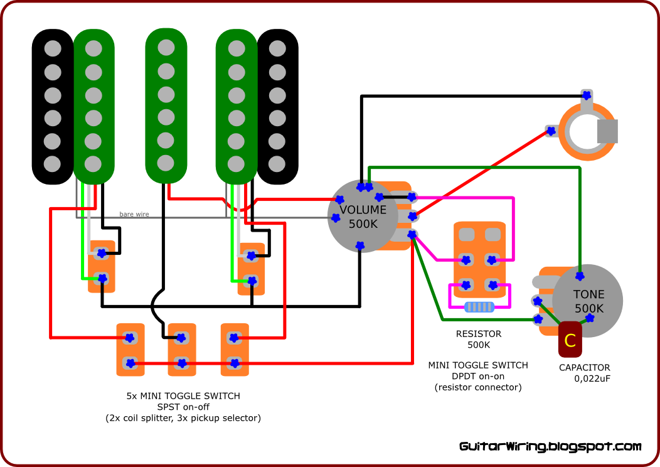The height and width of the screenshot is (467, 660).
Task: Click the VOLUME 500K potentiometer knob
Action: tap(363, 217)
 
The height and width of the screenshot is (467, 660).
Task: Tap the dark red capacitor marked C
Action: tap(570, 340)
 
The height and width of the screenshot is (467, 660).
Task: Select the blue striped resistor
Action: tap(479, 307)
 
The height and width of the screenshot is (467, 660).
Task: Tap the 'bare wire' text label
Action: tap(134, 215)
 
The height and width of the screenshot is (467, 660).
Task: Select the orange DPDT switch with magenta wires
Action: tap(480, 259)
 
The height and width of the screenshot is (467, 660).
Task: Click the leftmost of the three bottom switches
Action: tap(130, 350)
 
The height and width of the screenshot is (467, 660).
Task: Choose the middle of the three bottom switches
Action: tap(181, 350)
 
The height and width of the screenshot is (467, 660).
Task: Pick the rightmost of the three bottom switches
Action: tap(234, 350)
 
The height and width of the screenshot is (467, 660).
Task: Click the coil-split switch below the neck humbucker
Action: tap(102, 266)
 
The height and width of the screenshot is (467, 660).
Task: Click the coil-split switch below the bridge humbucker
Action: tap(251, 269)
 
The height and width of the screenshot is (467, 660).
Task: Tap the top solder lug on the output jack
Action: tap(587, 95)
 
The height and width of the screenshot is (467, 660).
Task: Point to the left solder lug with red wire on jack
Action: tap(551, 131)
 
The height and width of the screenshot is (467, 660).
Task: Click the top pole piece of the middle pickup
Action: tap(166, 48)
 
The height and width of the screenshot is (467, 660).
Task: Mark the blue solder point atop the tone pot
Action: tap(580, 276)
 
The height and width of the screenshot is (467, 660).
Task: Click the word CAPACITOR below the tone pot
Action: tap(584, 368)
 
